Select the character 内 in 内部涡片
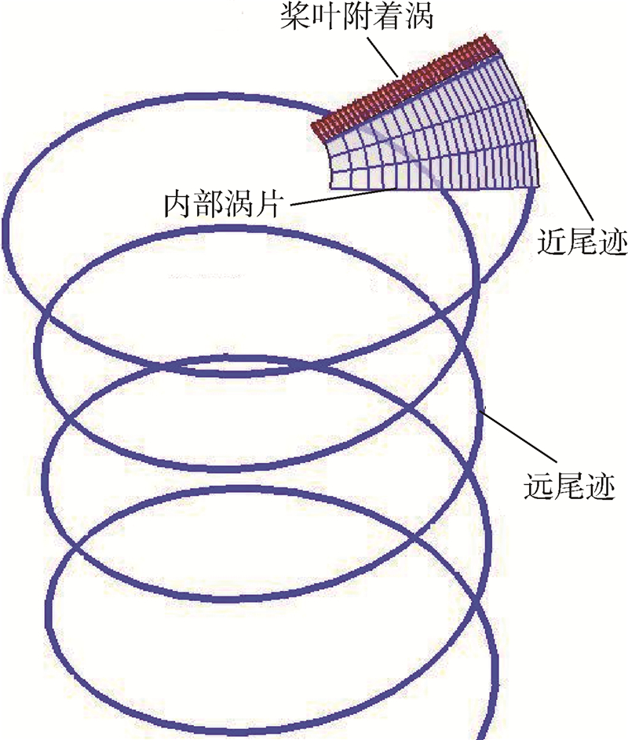(174, 205)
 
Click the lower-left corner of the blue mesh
(330, 188)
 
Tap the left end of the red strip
(316, 129)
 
